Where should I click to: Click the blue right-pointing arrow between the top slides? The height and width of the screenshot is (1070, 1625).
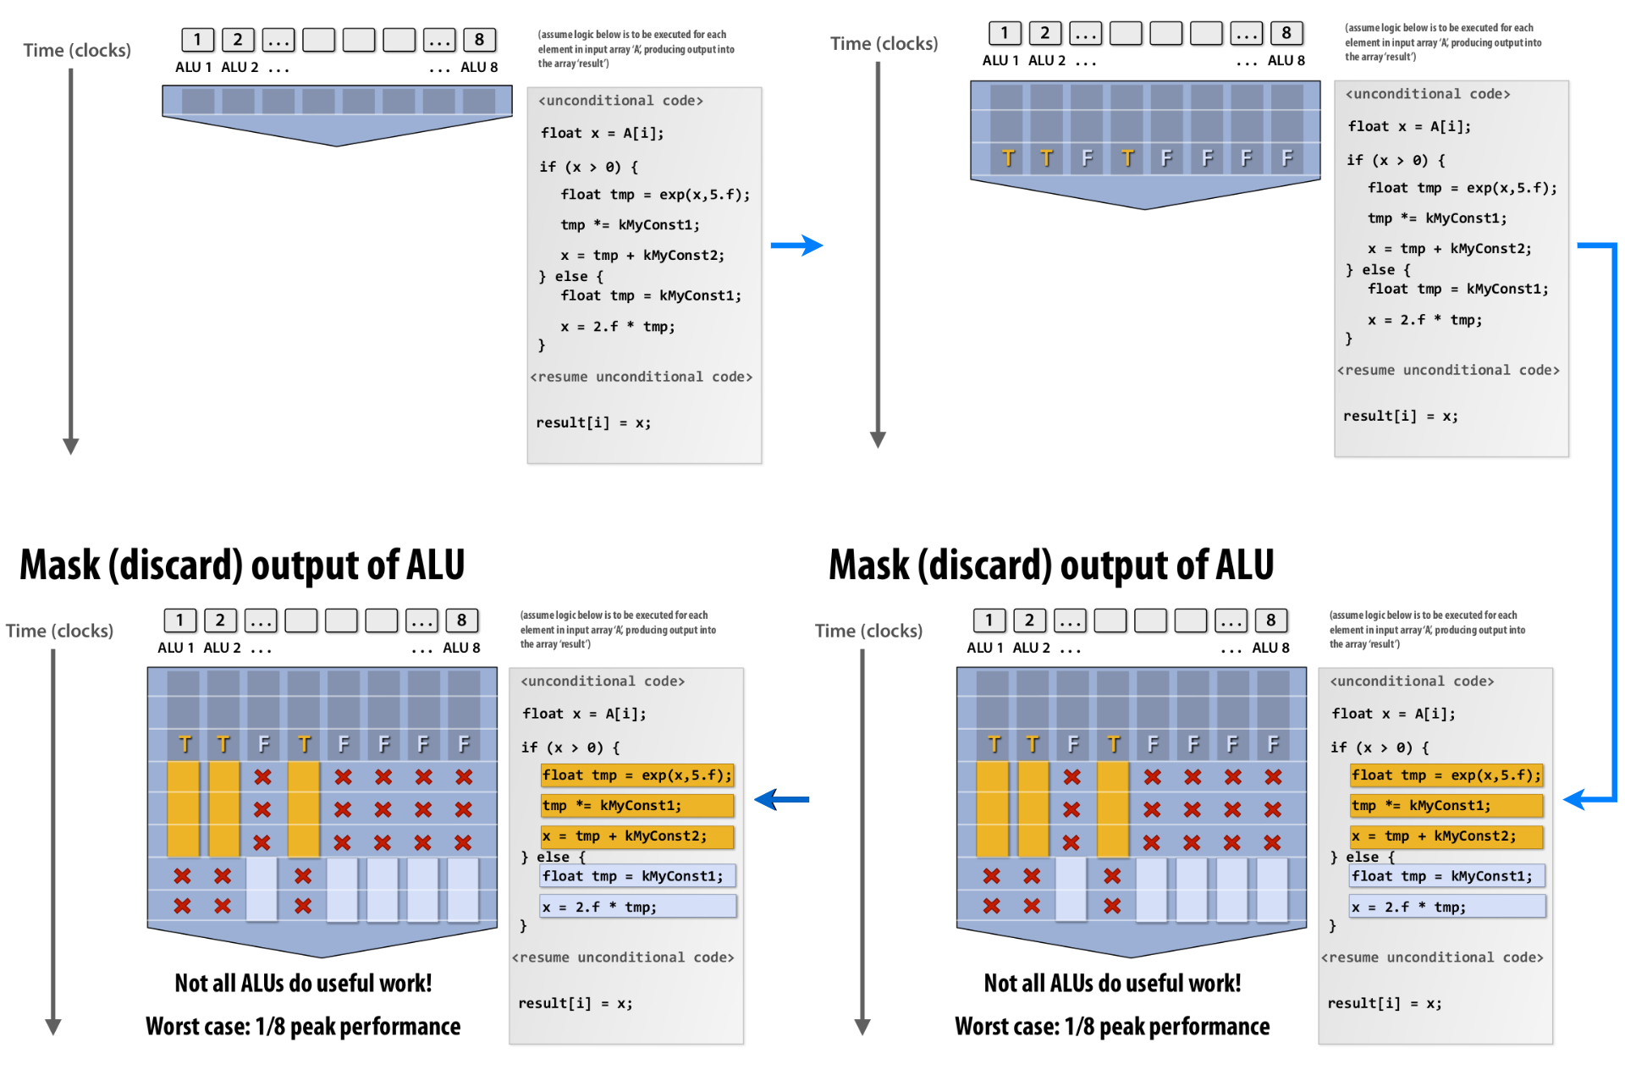coord(796,245)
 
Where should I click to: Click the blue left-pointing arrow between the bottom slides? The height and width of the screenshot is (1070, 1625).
coord(780,799)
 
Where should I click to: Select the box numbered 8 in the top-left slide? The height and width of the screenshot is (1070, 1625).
coord(479,40)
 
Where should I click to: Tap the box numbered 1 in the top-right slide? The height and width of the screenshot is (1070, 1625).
coord(1005,33)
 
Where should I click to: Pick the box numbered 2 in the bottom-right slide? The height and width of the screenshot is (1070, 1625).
coord(1029,620)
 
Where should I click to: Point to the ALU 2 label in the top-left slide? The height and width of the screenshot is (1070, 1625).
coord(240,68)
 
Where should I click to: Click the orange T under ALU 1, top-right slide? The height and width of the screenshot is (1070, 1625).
coord(1007,158)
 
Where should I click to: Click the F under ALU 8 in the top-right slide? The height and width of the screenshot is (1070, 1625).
coord(1286,158)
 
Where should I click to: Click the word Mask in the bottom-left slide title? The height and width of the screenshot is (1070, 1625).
coord(59,565)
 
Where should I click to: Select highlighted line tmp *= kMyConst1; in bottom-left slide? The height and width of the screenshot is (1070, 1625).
coord(636,806)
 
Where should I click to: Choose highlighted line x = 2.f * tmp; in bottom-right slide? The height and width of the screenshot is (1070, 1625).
coord(1446,907)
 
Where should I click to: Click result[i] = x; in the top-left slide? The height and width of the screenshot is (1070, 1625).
coord(593,422)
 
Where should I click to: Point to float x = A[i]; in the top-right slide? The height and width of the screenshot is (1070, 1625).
coord(1409,126)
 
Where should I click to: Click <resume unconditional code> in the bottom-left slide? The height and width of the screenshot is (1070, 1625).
coord(623,957)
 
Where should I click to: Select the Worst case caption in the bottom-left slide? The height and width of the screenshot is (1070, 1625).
coord(303,1026)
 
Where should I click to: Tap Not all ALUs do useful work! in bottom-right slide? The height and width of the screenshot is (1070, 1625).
coord(1112,983)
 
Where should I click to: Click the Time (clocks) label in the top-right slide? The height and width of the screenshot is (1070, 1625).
coord(884,43)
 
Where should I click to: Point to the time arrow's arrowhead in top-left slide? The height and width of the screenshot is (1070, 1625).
coord(71,446)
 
